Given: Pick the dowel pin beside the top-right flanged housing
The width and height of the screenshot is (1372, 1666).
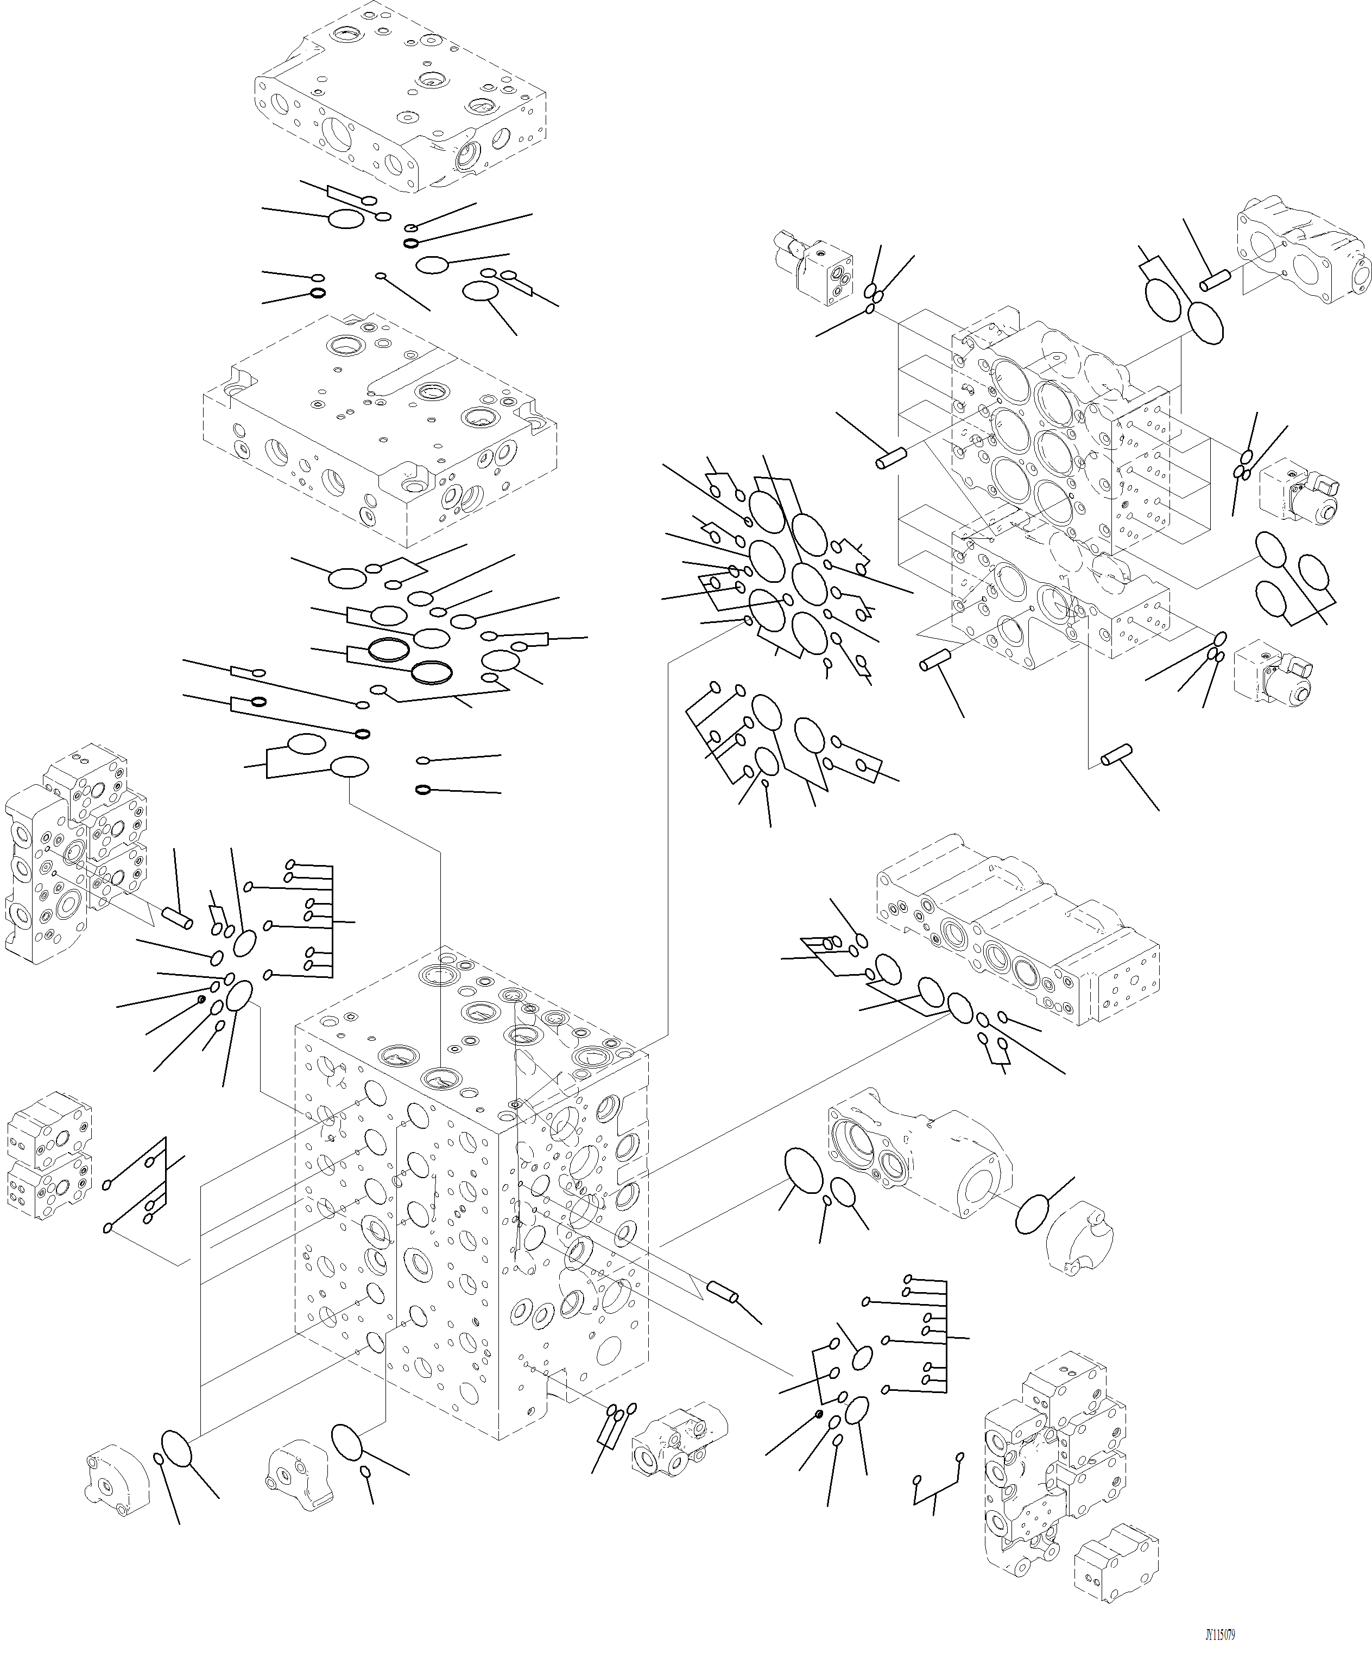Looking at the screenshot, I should [x=1216, y=279].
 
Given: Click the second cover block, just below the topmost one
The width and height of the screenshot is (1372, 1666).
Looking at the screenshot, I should [x=380, y=430].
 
